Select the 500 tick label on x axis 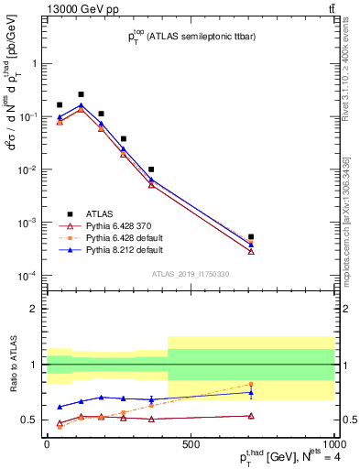click(x=191, y=444)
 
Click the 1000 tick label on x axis click(x=333, y=444)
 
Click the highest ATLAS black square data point click(x=81, y=94)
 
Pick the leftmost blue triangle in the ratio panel click(x=60, y=407)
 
